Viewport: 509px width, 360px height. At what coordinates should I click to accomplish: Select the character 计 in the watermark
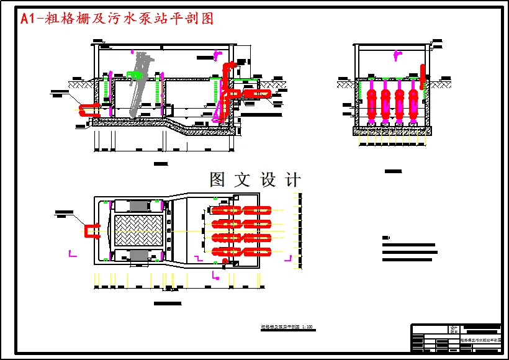point(292,180)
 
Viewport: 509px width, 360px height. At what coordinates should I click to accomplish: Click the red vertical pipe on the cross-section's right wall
point(424,75)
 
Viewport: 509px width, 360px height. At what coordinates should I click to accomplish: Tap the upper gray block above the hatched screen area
point(138,205)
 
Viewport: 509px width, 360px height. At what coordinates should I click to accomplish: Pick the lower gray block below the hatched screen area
point(138,256)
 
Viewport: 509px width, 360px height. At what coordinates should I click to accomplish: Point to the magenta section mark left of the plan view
point(72,253)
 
